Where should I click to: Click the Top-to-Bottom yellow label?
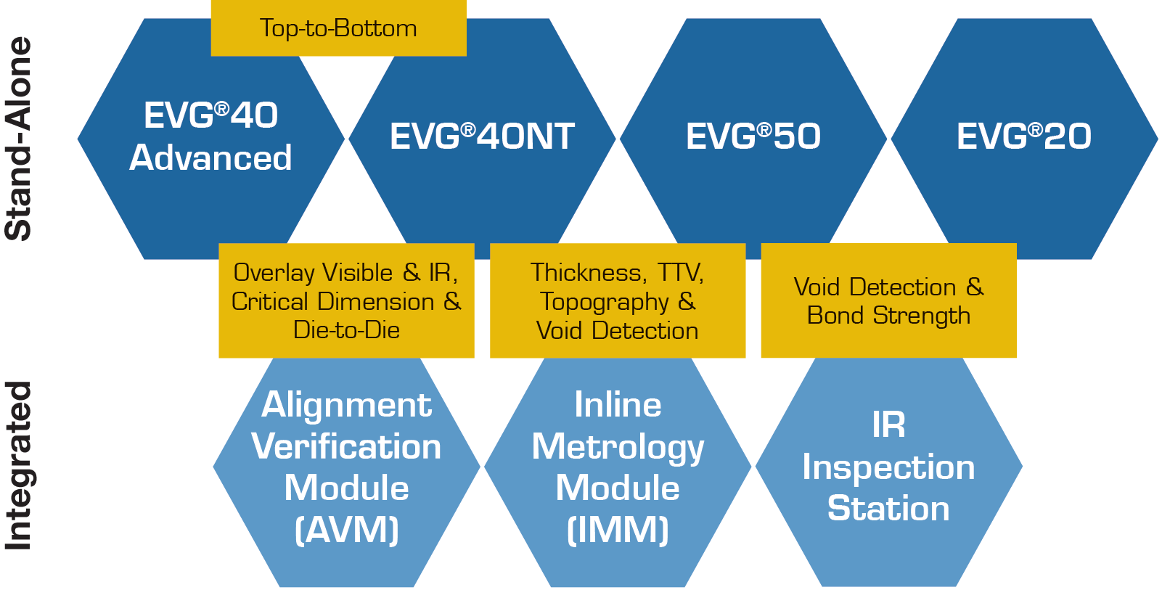click(339, 28)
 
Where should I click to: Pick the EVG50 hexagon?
click(753, 139)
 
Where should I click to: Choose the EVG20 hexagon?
click(1025, 139)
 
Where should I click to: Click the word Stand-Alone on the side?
click(19, 139)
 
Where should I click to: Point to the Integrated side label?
click(19, 465)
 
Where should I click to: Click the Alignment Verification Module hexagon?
click(346, 467)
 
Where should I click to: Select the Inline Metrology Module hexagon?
click(618, 467)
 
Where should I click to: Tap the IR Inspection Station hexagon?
click(889, 467)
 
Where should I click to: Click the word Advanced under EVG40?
click(210, 157)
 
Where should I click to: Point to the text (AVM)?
click(346, 530)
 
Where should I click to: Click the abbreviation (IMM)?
click(618, 530)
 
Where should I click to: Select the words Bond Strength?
click(888, 316)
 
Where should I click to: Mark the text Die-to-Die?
click(346, 330)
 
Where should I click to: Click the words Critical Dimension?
click(332, 301)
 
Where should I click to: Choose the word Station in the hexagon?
click(888, 508)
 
